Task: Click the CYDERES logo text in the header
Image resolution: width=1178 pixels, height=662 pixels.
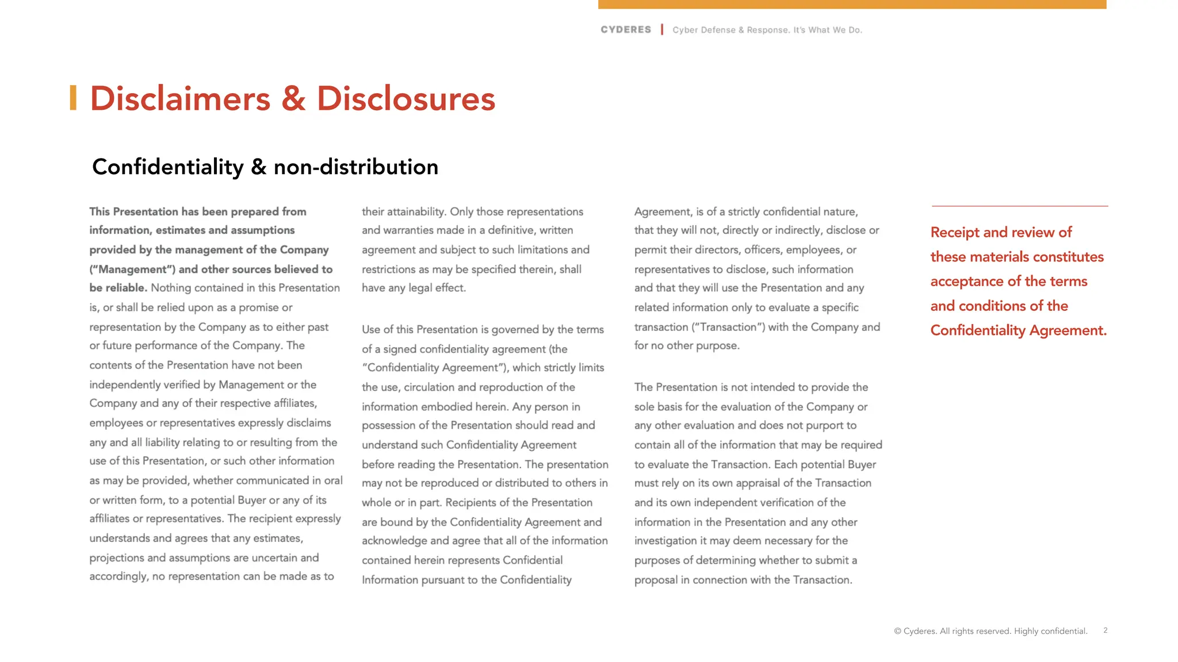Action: point(626,30)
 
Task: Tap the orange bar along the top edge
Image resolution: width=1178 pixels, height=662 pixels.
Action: point(852,4)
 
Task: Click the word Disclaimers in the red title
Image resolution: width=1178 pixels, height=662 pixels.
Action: point(180,99)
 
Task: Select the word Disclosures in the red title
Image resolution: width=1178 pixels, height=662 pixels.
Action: point(406,99)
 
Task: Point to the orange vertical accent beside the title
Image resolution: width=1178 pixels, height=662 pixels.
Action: point(73,98)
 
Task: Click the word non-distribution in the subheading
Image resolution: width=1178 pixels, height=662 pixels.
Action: point(355,167)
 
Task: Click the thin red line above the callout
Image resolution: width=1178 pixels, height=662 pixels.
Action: point(1019,206)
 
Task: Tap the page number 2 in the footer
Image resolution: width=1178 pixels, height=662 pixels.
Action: point(1105,630)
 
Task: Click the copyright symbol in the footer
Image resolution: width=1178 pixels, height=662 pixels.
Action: point(897,632)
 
